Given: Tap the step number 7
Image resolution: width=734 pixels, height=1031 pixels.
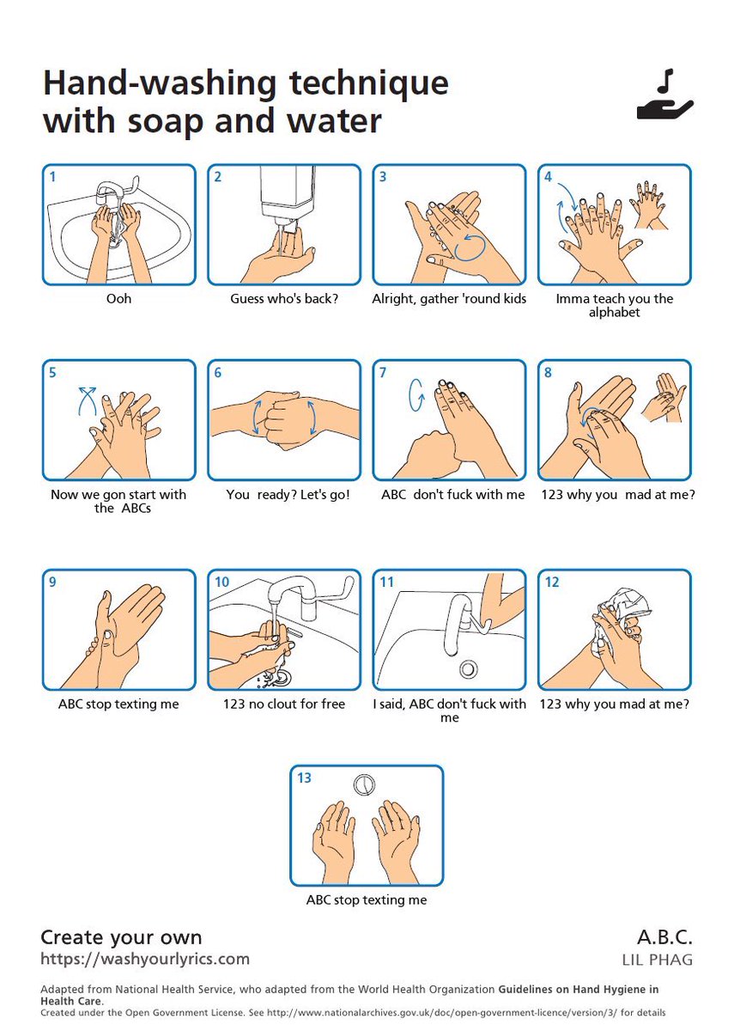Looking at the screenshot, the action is pos(383,372).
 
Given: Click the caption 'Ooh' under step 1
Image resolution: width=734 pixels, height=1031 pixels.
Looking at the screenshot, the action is pos(118,299).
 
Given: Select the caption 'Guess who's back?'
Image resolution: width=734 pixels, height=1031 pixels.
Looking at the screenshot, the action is pos(284,299).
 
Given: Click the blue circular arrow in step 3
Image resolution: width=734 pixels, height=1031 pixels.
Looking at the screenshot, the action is pos(470,247).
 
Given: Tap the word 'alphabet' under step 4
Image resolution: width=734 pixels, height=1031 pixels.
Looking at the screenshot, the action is pos(615,313).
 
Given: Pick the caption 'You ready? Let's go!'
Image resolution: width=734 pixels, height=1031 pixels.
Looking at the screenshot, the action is pos(288,495).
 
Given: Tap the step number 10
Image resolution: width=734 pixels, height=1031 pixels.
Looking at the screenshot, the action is pos(221,583).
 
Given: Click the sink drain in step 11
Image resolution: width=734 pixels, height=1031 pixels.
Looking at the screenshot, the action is pos(468,668).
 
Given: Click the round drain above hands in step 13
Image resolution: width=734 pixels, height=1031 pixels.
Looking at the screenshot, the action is pos(364,784).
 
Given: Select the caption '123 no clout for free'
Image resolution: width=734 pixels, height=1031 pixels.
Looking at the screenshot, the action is pos(284,705).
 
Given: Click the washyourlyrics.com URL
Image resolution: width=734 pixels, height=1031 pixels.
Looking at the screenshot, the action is pos(145,959).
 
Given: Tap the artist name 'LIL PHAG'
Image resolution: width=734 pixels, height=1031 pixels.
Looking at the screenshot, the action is pos(658,961).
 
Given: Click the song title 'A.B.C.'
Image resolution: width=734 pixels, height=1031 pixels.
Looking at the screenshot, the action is pos(664,937).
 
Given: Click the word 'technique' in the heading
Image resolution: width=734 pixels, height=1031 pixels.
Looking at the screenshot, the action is pos(369,82).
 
